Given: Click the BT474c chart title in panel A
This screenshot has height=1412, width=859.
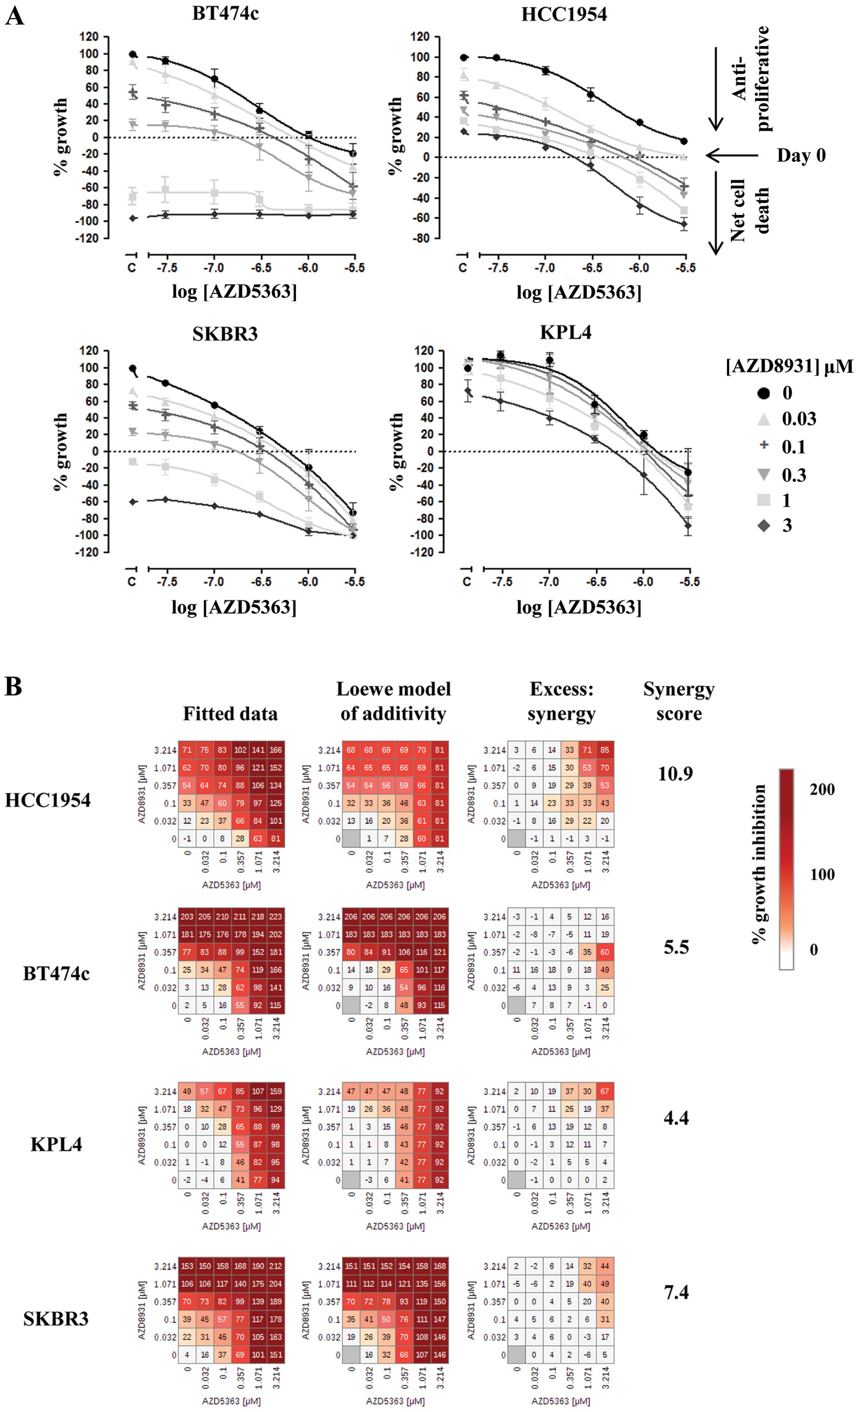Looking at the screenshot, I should (x=225, y=13).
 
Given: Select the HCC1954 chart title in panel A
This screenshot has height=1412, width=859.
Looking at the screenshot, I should (x=564, y=14).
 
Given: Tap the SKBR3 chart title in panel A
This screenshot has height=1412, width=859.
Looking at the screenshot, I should (x=225, y=333).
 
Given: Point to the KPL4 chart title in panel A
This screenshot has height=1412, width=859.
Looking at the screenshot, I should (x=565, y=332).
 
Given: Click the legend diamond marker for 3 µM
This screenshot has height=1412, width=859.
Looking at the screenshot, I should (x=763, y=525).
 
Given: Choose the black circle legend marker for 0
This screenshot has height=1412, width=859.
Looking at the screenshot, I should (x=763, y=393).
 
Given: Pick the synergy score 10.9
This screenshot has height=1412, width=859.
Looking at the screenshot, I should (x=675, y=774).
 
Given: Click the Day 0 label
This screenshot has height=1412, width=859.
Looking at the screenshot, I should (x=801, y=155).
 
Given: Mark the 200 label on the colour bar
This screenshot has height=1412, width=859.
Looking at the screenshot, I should (x=822, y=790).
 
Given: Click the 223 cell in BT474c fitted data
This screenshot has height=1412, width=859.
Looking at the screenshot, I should (x=276, y=917).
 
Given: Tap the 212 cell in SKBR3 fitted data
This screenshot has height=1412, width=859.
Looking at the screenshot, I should (x=276, y=1266).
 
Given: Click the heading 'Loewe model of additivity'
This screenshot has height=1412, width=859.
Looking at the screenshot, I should (x=393, y=701).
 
